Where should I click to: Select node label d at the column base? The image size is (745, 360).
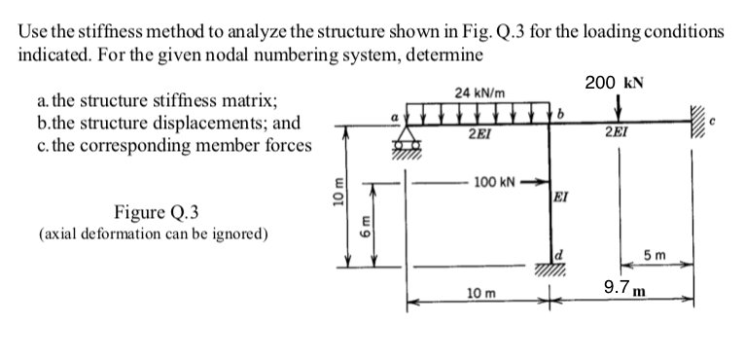559,255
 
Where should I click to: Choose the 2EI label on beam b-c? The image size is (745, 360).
615,133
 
